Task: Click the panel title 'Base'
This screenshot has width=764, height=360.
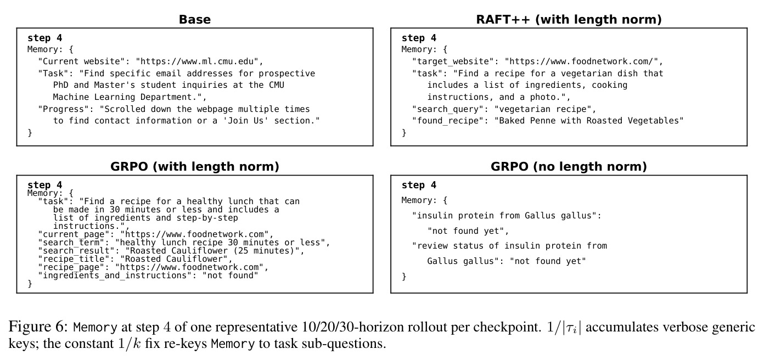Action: coord(195,19)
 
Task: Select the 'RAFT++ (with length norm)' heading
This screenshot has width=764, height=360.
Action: coord(569,19)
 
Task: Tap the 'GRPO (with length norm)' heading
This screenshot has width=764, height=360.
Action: coord(195,167)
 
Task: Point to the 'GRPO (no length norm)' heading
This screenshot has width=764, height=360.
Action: coord(569,167)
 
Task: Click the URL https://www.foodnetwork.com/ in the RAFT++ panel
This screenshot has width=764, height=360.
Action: coord(582,61)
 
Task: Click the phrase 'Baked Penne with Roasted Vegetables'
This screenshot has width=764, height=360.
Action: coord(589,121)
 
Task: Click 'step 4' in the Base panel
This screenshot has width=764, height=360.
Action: coord(44,38)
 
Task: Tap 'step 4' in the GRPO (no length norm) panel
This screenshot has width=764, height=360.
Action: coord(419,185)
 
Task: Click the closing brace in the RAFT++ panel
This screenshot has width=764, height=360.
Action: coord(404,133)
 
